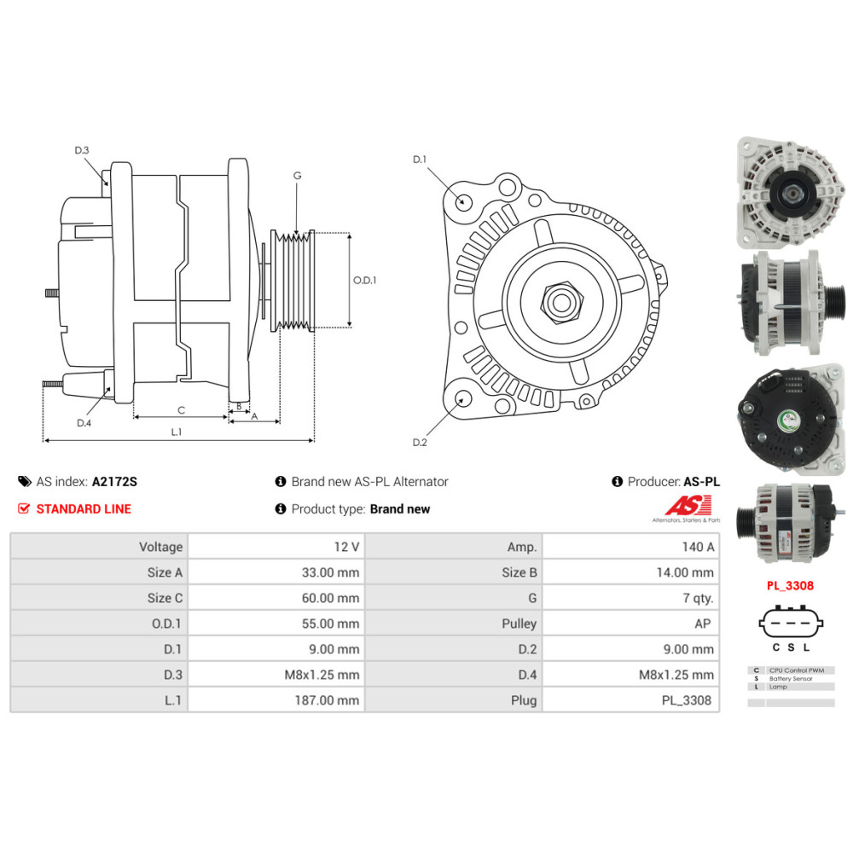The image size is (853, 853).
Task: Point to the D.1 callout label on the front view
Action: coord(419,160)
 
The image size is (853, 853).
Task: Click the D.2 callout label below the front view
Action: coord(419,442)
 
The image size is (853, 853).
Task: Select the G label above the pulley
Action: coord(297,176)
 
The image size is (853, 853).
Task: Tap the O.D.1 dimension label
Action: coord(365,279)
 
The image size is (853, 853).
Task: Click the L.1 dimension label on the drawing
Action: coord(177,432)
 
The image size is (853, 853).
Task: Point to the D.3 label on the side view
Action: coord(82,150)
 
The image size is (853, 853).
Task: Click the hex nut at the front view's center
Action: coord(560,301)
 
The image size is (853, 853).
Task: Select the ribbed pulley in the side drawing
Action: coord(293,280)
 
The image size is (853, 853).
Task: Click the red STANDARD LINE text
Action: coord(84,509)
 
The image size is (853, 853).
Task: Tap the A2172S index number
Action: coord(114,482)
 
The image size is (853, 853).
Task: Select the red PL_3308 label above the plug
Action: coord(791,586)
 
